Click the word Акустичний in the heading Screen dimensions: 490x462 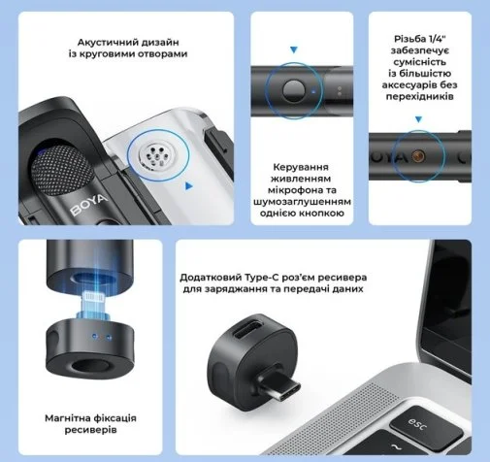pyautogui.click(x=102, y=43)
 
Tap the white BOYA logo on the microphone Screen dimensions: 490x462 pyautogui.click(x=88, y=205)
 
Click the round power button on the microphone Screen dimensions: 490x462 pyautogui.click(x=294, y=91)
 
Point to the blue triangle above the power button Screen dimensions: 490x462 pyautogui.click(x=294, y=49)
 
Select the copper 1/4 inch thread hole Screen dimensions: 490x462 pyautogui.click(x=418, y=156)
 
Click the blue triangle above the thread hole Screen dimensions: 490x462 pyautogui.click(x=418, y=119)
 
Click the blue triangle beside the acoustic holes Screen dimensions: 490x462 pyautogui.click(x=189, y=186)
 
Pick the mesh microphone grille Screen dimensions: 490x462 pyautogui.click(x=61, y=171)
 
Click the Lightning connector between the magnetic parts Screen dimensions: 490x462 pyautogui.click(x=92, y=305)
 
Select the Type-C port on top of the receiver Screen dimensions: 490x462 pyautogui.click(x=248, y=329)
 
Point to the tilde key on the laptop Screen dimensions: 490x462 pyautogui.click(x=395, y=447)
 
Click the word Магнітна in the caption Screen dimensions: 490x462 pyautogui.click(x=66, y=418)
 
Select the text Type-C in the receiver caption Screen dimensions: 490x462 pyautogui.click(x=263, y=278)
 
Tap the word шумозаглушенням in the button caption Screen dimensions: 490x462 pyautogui.click(x=302, y=202)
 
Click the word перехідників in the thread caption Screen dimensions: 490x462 pyautogui.click(x=419, y=96)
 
